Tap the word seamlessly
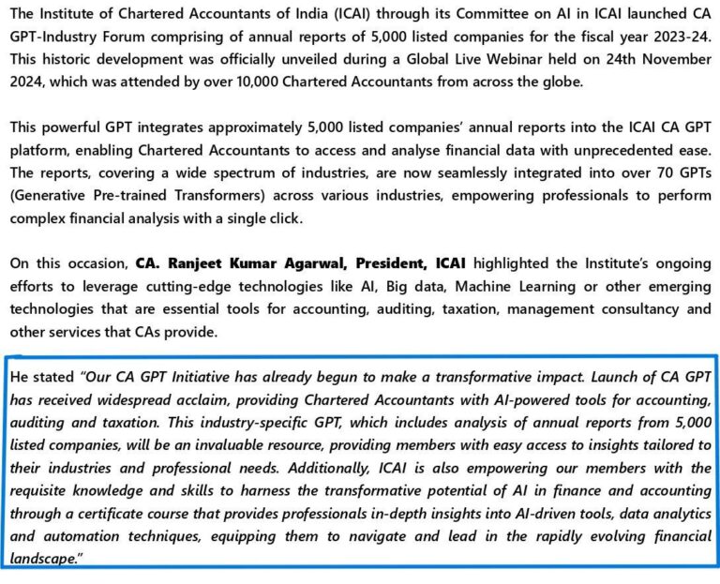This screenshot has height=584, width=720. [438, 171]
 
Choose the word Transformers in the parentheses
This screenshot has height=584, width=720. [187, 193]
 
